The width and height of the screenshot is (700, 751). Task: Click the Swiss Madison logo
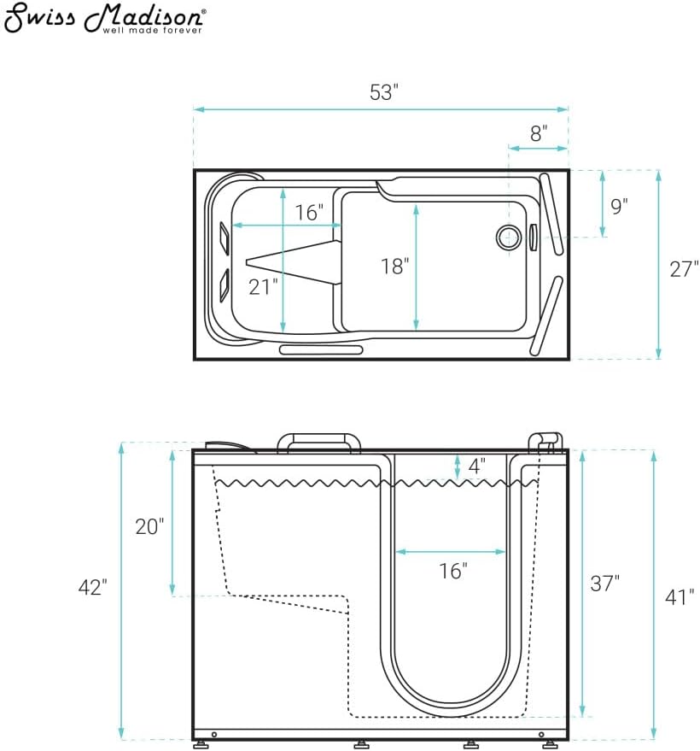105,18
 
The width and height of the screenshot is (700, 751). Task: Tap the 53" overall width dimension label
384,92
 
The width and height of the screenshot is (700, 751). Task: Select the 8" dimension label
539,133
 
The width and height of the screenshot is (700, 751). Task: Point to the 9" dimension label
619,206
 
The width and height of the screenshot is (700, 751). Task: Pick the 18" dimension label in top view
394,267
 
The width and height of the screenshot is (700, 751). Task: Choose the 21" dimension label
263,287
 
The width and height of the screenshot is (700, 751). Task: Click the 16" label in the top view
309,212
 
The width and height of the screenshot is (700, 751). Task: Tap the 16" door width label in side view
453,571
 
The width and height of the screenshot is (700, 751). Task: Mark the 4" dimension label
476,466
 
